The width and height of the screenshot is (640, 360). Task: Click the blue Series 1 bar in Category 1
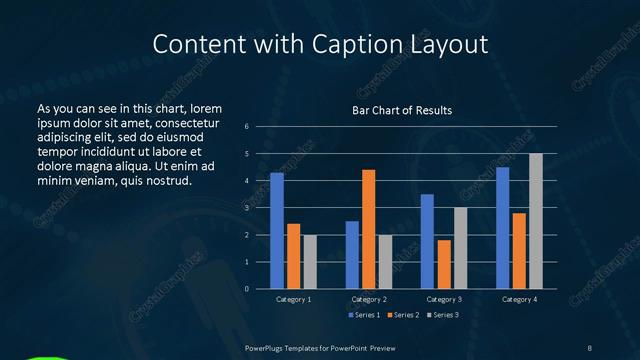(x=277, y=231)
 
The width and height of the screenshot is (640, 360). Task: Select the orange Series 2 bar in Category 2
(x=368, y=229)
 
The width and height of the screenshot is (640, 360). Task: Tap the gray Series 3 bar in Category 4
(x=535, y=221)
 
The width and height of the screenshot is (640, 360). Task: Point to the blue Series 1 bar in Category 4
(x=502, y=228)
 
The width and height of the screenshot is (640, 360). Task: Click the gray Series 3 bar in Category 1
(x=310, y=262)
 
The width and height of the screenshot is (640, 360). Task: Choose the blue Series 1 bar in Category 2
(x=352, y=255)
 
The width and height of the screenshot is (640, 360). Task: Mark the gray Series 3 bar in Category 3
(x=460, y=248)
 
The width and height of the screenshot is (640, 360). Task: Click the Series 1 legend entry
(x=364, y=315)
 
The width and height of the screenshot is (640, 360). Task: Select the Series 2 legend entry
(x=402, y=315)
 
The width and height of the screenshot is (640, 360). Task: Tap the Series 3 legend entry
(x=443, y=315)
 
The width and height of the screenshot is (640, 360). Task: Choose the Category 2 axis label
(x=368, y=299)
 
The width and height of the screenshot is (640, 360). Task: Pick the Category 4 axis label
(x=518, y=299)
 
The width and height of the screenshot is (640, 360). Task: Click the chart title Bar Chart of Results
(x=402, y=110)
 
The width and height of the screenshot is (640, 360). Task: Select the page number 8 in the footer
(x=590, y=347)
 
